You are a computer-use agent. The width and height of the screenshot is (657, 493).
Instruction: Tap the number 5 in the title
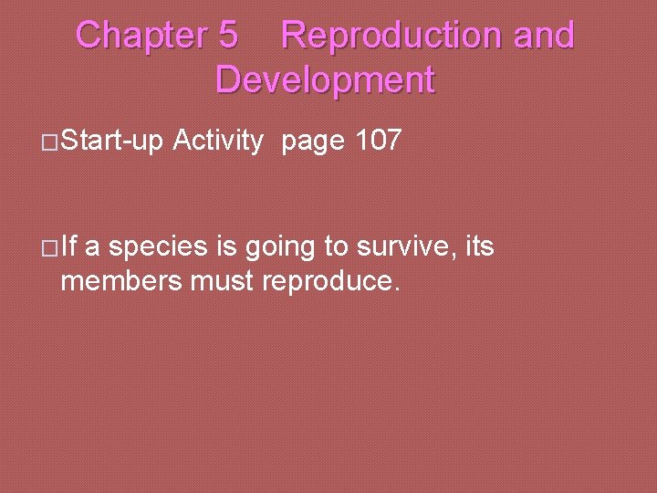coord(228,36)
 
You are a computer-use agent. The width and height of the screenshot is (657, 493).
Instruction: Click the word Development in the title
coord(325,80)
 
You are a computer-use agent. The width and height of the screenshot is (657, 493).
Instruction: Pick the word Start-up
coord(110,142)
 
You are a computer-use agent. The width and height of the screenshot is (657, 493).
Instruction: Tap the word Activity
coord(218,142)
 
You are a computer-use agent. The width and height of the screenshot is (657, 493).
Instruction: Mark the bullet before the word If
coord(51,247)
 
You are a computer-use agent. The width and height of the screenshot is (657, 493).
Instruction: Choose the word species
coord(159,247)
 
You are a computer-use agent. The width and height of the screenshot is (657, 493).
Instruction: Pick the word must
coord(223,281)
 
